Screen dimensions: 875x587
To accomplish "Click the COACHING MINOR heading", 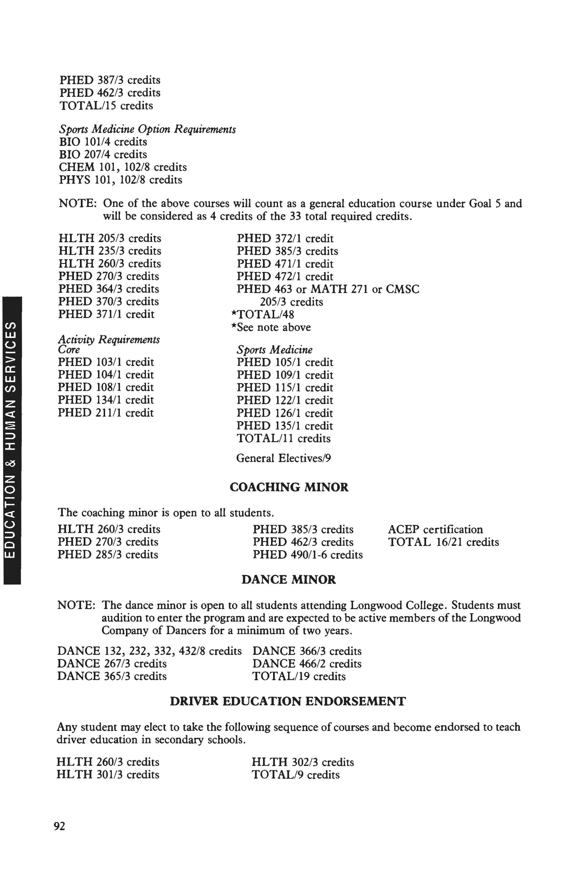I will coord(289,487).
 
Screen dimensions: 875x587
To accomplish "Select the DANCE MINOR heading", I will coord(289,580).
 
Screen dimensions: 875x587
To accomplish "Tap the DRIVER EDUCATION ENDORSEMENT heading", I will coord(288,701).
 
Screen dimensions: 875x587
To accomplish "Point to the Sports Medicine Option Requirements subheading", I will coord(147,129).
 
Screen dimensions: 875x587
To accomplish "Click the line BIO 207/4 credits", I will coord(103,154).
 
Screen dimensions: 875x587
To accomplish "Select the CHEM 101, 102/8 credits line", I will coord(123,167).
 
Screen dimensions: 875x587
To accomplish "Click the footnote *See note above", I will coord(271,327).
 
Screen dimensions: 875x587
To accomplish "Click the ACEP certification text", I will coord(435,529).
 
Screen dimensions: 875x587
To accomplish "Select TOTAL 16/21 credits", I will coord(443,542).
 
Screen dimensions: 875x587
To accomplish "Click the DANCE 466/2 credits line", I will coord(307,664).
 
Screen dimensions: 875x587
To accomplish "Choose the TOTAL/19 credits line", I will coord(299,676).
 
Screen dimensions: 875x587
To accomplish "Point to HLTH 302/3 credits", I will coord(303,762).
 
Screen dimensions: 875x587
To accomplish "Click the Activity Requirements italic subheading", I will coord(109,339).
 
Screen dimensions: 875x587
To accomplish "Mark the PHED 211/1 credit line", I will coord(106,413).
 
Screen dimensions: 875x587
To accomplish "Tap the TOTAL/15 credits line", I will coord(106,106).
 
